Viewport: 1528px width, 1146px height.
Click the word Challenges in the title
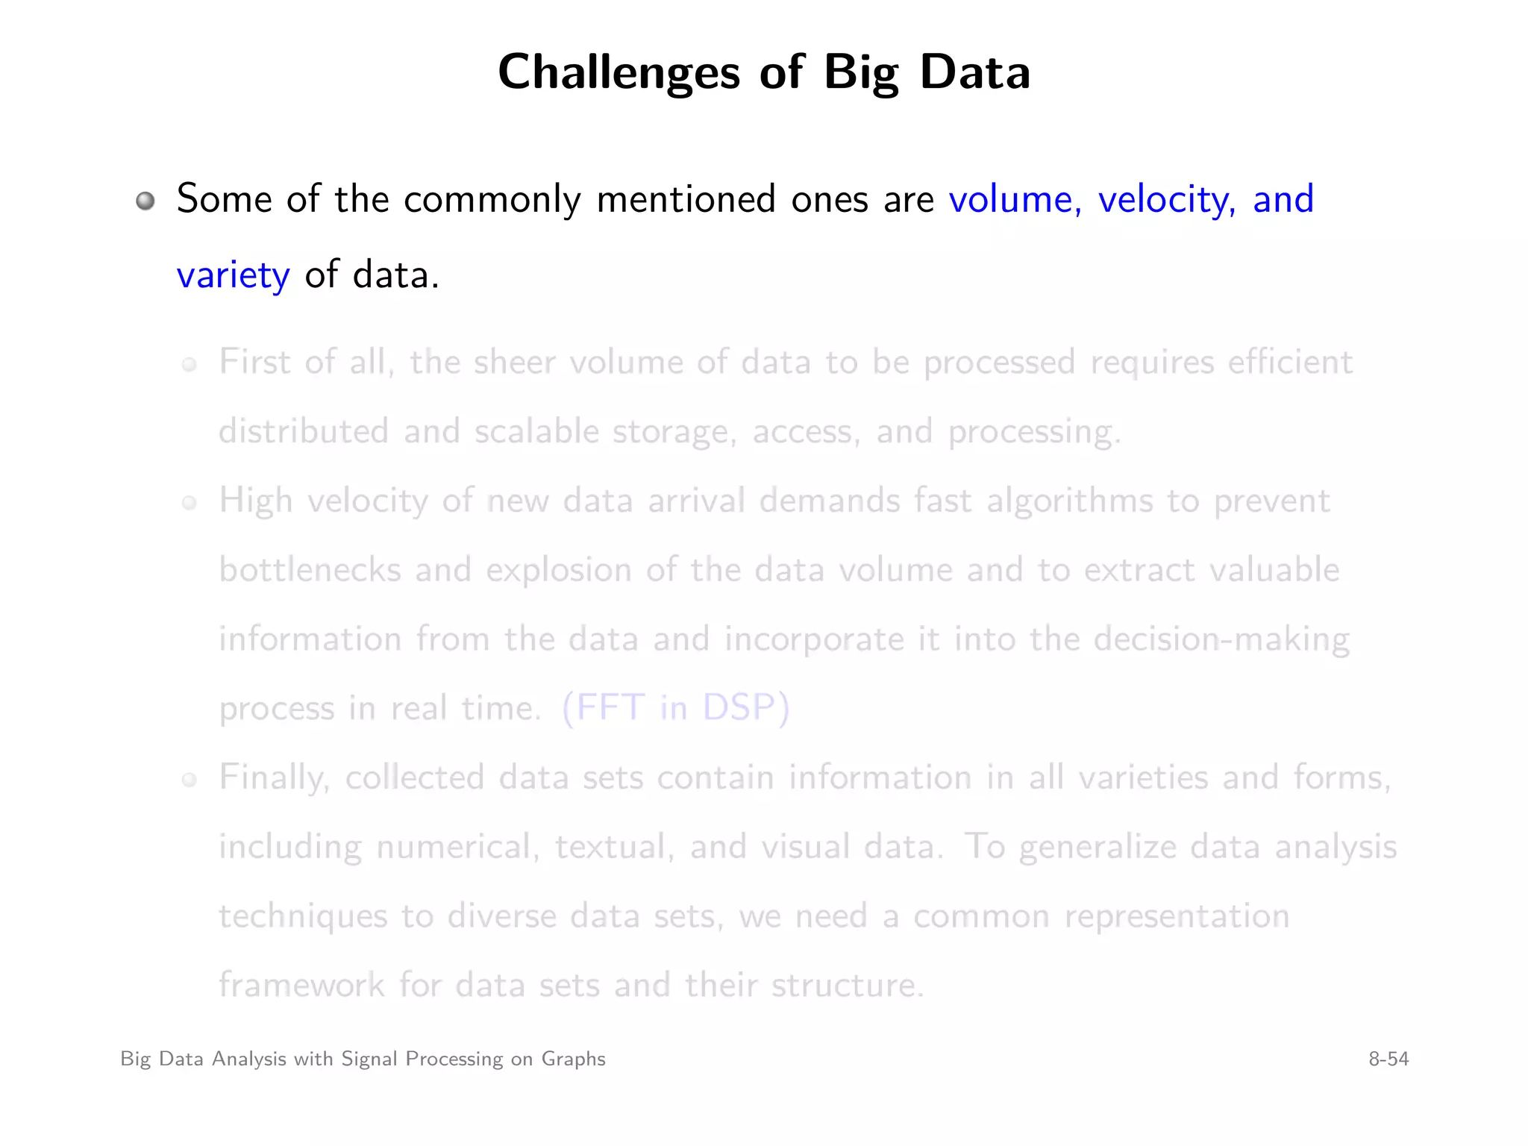coord(619,73)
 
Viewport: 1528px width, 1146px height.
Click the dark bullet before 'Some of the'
coord(145,201)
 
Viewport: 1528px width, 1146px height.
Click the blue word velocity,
coord(1166,200)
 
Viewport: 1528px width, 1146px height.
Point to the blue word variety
coord(233,276)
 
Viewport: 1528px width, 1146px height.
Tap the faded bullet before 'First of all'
coord(190,364)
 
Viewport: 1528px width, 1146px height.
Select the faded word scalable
coord(536,432)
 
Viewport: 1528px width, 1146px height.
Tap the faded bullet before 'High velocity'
coord(190,503)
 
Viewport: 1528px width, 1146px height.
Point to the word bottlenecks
coord(310,571)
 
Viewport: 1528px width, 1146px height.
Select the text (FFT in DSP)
coord(675,708)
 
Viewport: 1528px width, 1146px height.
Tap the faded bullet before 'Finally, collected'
coord(190,780)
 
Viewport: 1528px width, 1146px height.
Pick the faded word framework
coord(301,986)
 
